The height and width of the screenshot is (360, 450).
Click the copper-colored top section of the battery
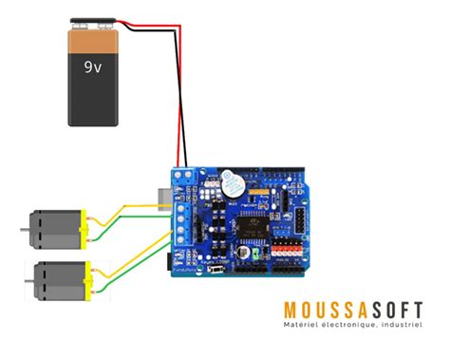[x=94, y=39]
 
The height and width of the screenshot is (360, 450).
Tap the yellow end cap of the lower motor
[x=91, y=279]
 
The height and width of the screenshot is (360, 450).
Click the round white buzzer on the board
[x=231, y=181]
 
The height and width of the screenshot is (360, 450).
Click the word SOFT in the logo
[x=398, y=310]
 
